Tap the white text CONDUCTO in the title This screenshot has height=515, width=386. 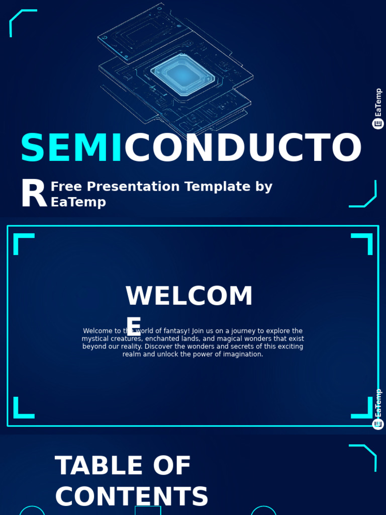(x=243, y=148)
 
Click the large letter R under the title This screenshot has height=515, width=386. (x=33, y=195)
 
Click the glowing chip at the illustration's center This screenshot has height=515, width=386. (x=182, y=74)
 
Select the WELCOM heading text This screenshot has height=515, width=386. (x=189, y=296)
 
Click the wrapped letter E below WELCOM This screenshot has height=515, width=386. (x=133, y=326)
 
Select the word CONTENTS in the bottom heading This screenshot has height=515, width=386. (x=132, y=497)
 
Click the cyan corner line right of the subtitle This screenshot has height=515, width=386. (x=364, y=196)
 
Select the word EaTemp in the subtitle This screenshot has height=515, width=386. (x=78, y=202)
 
